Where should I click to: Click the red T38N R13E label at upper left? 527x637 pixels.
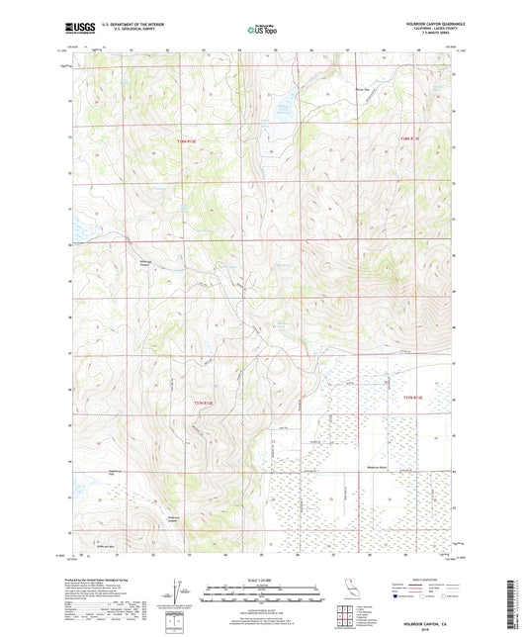tap(186, 141)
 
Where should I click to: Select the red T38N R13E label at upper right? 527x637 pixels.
tap(410, 139)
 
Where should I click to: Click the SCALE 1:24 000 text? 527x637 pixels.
tap(262, 581)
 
